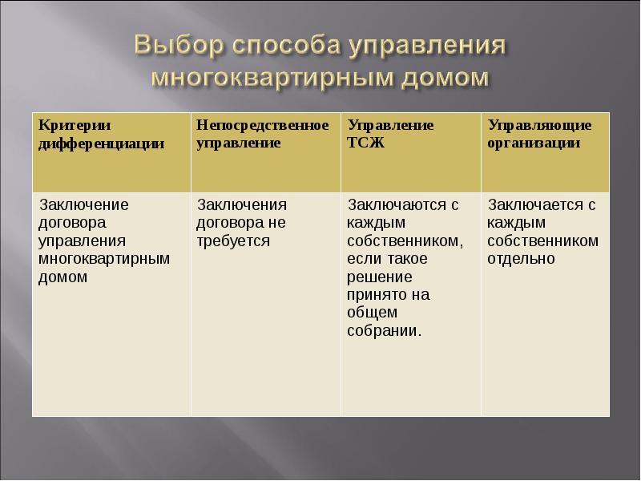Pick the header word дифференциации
click(102, 143)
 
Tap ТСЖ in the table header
click(365, 143)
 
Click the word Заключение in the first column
click(84, 204)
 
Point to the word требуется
click(233, 240)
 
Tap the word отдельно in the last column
click(521, 258)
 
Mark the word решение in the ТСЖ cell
click(380, 277)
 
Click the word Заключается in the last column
click(534, 204)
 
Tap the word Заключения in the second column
click(241, 204)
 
